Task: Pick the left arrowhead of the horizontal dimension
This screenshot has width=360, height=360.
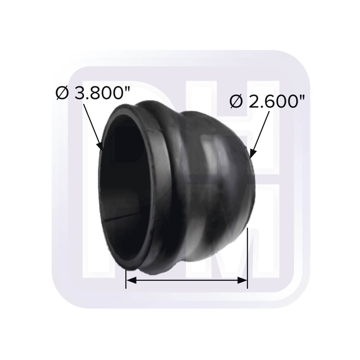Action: (x=130, y=280)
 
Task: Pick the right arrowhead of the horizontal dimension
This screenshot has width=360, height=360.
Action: (x=243, y=280)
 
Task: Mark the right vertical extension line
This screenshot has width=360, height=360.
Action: (x=247, y=259)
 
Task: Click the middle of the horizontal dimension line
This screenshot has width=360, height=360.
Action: (x=186, y=280)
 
